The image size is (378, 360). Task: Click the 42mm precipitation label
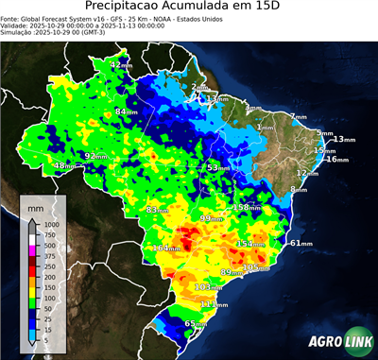[121, 64]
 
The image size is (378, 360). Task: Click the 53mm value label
[217, 167]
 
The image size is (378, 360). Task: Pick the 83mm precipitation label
[160, 210]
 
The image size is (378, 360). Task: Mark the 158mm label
[246, 207]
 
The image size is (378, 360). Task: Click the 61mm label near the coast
[301, 243]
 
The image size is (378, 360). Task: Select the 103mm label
[206, 286]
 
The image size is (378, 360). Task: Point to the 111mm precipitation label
[213, 303]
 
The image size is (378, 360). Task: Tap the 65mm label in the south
[195, 324]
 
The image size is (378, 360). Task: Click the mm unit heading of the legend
[35, 205]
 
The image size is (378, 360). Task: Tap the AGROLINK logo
[335, 342]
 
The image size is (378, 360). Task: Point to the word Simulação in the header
[17, 32]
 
